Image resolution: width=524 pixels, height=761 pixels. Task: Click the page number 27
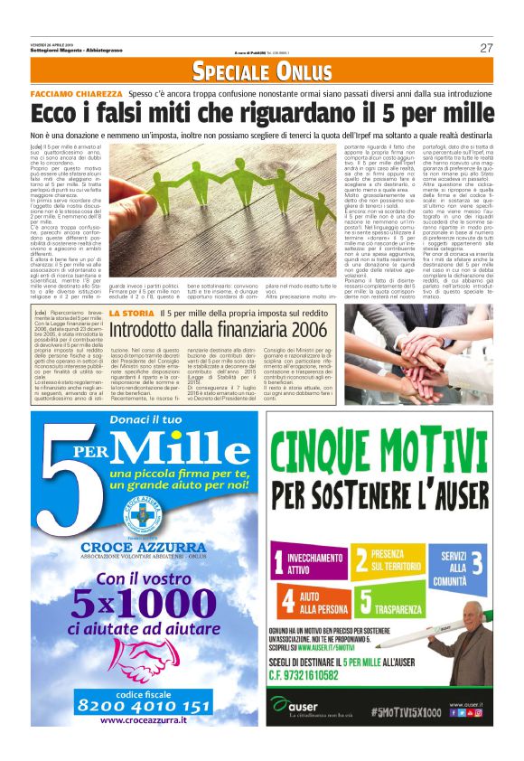click(x=486, y=48)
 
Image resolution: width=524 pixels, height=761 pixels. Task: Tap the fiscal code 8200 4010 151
click(x=144, y=705)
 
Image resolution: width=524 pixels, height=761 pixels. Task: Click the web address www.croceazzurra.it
click(x=144, y=720)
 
